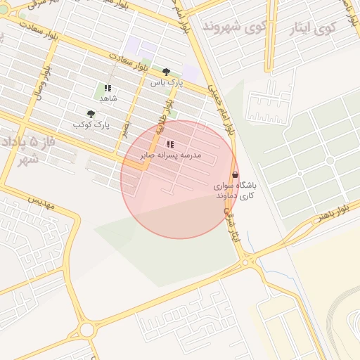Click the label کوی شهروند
coord(231,26)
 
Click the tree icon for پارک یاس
coord(166,72)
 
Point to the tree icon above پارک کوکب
coord(91,114)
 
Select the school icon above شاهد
coord(108,89)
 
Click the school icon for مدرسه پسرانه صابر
coord(169,144)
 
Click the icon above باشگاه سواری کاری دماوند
coord(235,174)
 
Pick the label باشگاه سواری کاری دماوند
coord(236,190)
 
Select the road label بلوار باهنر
coord(330,214)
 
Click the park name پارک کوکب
coord(92,124)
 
